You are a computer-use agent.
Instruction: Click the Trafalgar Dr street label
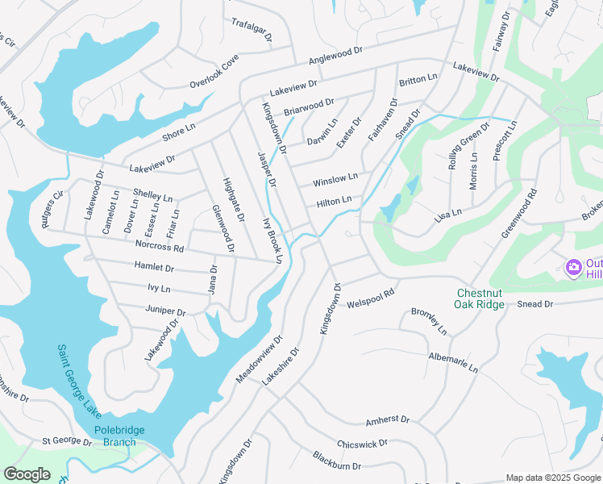tap(252, 31)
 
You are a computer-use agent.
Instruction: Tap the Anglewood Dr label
tap(335, 56)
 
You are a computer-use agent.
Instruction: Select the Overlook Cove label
tap(214, 73)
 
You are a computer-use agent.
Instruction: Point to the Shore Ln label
tap(179, 132)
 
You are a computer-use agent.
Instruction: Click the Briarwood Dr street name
tap(309, 108)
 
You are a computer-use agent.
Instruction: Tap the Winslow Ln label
tap(335, 179)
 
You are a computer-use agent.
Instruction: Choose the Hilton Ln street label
tap(334, 201)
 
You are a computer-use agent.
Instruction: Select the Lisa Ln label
tap(447, 215)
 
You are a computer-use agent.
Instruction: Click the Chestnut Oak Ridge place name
tap(480, 298)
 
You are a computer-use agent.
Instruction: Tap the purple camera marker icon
tap(574, 266)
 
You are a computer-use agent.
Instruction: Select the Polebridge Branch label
tap(119, 436)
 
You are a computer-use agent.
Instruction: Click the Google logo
tap(27, 474)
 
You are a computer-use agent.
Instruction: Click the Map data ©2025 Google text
tap(552, 478)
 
